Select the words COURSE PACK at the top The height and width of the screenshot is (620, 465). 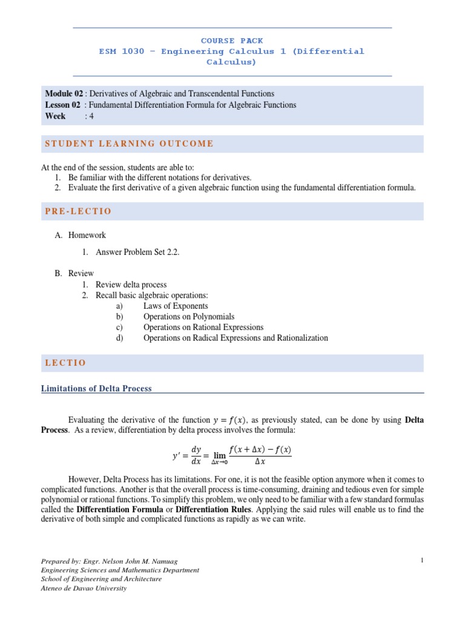(232, 41)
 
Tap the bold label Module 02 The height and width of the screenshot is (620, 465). (64, 94)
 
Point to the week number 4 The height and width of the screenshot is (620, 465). (91, 116)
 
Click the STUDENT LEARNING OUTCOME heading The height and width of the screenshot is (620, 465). (130, 143)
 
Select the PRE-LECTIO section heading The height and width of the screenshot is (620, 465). (78, 211)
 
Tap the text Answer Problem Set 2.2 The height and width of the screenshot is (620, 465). (137, 252)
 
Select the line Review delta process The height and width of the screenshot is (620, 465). (131, 284)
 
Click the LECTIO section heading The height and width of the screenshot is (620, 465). (65, 363)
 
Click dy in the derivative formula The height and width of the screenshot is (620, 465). (196, 450)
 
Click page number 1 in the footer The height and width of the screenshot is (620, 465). (421, 561)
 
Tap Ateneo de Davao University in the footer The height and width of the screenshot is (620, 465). (84, 588)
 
